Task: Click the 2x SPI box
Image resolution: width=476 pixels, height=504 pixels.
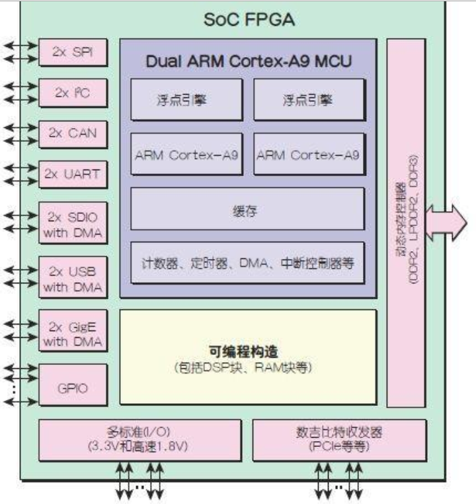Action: tap(73, 52)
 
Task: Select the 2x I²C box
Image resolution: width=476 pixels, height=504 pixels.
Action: tap(73, 93)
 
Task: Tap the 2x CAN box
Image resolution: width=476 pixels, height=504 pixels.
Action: tap(73, 133)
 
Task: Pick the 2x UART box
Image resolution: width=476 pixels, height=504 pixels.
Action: tap(73, 174)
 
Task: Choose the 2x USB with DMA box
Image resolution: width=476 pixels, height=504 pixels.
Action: tap(73, 279)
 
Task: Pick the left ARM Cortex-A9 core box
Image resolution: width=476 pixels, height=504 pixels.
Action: tap(186, 155)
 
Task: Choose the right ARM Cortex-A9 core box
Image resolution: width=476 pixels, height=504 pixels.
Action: tap(308, 155)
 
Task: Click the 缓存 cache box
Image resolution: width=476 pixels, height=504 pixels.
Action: tap(247, 210)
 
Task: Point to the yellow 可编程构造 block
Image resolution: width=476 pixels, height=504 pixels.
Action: tap(247, 357)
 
